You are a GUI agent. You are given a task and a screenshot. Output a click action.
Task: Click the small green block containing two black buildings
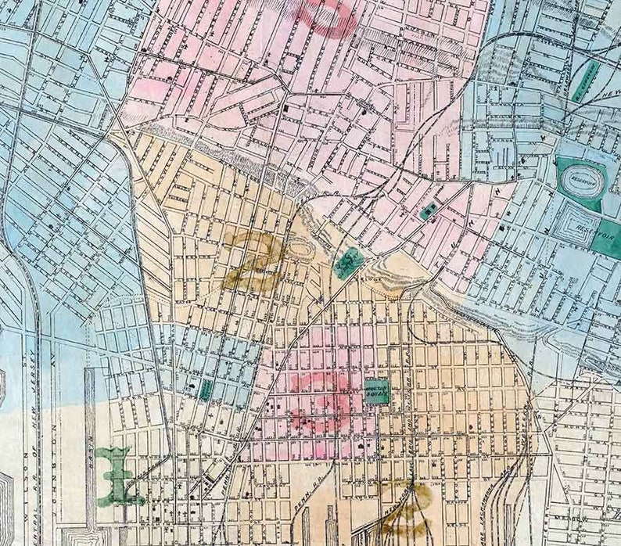point(429,210)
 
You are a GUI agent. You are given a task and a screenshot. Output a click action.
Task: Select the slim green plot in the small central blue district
point(205,390)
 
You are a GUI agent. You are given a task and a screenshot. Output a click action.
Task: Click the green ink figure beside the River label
point(117,476)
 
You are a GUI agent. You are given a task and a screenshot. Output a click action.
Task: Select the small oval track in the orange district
point(298,251)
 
